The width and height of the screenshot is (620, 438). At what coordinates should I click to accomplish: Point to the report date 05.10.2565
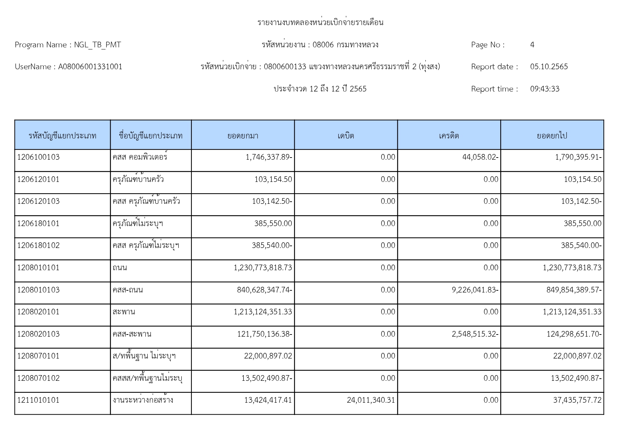pos(549,67)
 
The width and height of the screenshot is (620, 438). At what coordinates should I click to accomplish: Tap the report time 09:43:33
pos(544,89)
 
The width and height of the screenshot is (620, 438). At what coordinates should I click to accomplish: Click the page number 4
pos(532,45)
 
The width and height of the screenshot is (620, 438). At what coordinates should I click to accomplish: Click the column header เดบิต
pos(346,136)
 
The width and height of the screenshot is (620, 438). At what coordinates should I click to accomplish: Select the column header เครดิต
pos(449,136)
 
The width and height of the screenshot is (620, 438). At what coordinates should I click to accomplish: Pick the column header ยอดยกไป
pos(552,136)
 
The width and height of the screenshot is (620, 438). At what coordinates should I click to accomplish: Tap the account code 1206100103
pos(39,157)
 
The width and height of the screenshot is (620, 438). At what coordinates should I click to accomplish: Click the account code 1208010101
pos(39,268)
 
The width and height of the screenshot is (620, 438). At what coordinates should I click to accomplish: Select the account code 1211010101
pos(39,400)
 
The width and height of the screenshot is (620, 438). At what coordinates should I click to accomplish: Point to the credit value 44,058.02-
pos(480,157)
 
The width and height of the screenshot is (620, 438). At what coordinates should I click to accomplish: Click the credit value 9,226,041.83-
pos(475,290)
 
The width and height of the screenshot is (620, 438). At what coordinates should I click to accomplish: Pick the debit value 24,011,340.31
pos(371,400)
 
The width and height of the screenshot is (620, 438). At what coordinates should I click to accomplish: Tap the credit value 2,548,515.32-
pos(475,334)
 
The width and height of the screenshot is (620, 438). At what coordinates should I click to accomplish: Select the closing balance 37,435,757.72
pos(577,400)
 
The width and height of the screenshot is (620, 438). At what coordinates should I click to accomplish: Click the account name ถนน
pos(120,268)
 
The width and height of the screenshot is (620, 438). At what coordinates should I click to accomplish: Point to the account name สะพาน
pos(124,312)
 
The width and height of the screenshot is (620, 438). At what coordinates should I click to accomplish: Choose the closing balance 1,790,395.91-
pos(578,157)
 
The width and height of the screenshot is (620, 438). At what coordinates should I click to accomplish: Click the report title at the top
pos(320,23)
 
